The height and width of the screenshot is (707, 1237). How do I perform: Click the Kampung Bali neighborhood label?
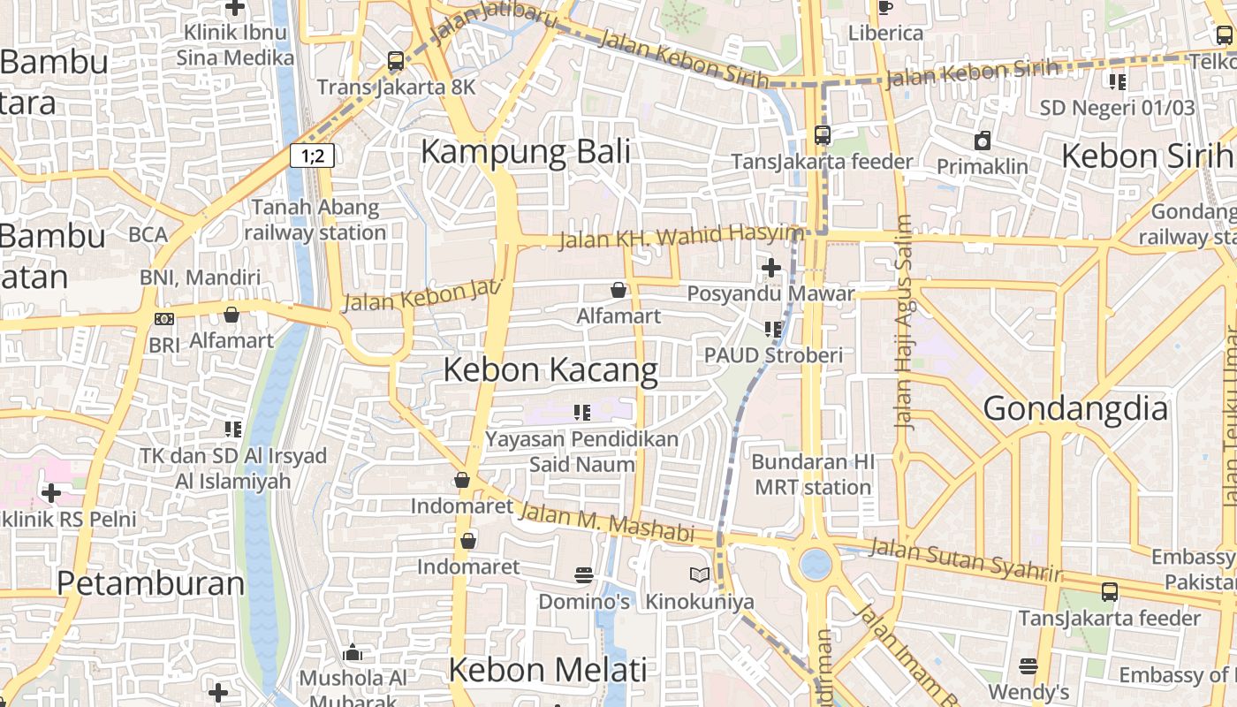pyautogui.click(x=526, y=151)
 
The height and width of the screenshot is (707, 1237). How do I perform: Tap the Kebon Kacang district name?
pyautogui.click(x=550, y=369)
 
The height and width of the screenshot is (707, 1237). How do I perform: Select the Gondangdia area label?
pyautogui.click(x=1075, y=408)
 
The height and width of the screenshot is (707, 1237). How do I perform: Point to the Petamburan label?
pyautogui.click(x=150, y=583)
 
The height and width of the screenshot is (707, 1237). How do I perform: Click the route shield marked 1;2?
pyautogui.click(x=313, y=156)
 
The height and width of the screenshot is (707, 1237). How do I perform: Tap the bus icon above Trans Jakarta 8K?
pyautogui.click(x=396, y=61)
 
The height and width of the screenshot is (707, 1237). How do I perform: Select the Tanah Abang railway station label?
pyautogui.click(x=315, y=220)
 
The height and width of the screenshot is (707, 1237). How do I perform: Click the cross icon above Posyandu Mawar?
pyautogui.click(x=771, y=267)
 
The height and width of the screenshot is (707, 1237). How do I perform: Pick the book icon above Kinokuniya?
pyautogui.click(x=700, y=575)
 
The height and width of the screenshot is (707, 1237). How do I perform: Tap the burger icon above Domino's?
pyautogui.click(x=583, y=575)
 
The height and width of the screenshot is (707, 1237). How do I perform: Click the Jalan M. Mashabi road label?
pyautogui.click(x=606, y=523)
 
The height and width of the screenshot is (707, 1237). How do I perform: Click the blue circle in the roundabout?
pyautogui.click(x=815, y=563)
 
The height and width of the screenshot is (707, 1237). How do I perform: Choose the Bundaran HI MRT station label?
pyautogui.click(x=813, y=475)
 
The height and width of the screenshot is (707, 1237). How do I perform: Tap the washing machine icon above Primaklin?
pyautogui.click(x=983, y=141)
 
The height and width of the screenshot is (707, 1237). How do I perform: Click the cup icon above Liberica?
pyautogui.click(x=885, y=8)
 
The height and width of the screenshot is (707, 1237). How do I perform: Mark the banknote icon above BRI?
pyautogui.click(x=164, y=319)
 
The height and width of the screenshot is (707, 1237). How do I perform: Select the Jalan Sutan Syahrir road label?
pyautogui.click(x=965, y=560)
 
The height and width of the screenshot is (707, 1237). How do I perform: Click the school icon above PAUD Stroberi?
pyautogui.click(x=773, y=329)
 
